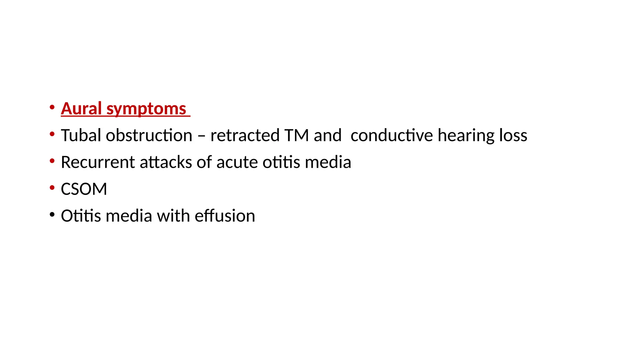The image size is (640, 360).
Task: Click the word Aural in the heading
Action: pyautogui.click(x=81, y=108)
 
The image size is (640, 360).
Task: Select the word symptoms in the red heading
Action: pyautogui.click(x=146, y=109)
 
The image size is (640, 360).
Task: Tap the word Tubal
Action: pyautogui.click(x=81, y=135)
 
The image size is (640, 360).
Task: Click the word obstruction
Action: pyautogui.click(x=149, y=135)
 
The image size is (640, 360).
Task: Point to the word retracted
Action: pyautogui.click(x=245, y=135)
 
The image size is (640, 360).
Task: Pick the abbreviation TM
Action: pyautogui.click(x=297, y=135)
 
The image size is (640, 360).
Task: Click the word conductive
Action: pyautogui.click(x=392, y=135)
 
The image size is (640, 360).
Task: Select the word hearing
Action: pyautogui.click(x=466, y=136)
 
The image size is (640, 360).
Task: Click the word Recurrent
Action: pyautogui.click(x=98, y=162)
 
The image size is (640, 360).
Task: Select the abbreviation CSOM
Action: pyautogui.click(x=84, y=189)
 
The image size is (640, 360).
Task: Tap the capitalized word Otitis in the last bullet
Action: pyautogui.click(x=81, y=216)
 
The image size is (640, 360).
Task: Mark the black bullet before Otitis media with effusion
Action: pyautogui.click(x=52, y=215)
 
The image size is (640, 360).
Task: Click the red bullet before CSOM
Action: pyautogui.click(x=52, y=188)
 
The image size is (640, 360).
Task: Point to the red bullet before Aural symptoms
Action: pyautogui.click(x=52, y=107)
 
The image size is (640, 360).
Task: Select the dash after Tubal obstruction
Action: pyautogui.click(x=202, y=136)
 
